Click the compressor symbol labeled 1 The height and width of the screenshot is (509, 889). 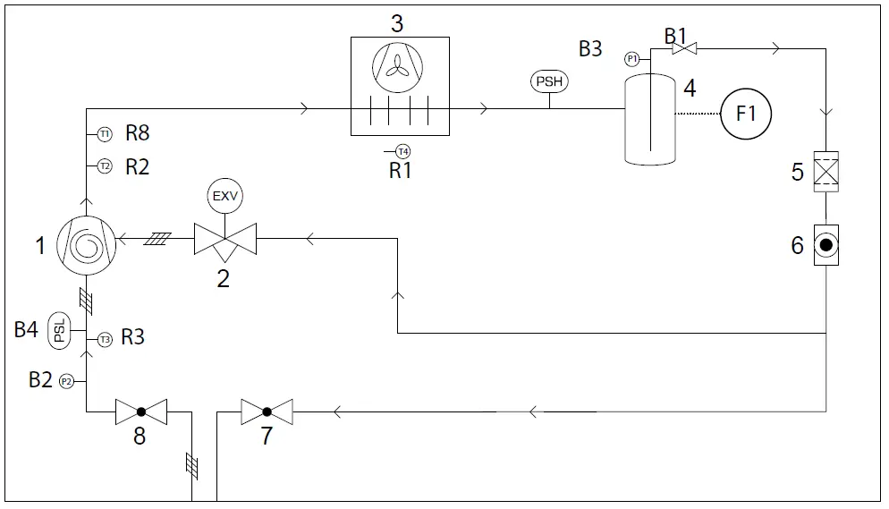(x=86, y=241)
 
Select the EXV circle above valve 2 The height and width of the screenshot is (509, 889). (x=224, y=194)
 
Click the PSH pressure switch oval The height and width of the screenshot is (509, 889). (x=549, y=82)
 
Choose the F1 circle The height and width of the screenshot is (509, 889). (x=746, y=114)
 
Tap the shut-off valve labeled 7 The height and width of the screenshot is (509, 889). (x=267, y=412)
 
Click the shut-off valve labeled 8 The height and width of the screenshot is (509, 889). (x=141, y=412)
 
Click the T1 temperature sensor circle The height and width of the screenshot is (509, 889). (x=105, y=134)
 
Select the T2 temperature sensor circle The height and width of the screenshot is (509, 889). (x=105, y=166)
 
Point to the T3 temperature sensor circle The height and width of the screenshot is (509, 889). (x=105, y=339)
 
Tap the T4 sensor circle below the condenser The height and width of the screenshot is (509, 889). (x=403, y=151)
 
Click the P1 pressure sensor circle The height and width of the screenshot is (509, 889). (x=632, y=59)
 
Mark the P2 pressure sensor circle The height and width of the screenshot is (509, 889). (x=65, y=382)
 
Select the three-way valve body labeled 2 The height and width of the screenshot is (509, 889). (x=224, y=240)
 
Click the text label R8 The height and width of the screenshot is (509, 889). (x=137, y=134)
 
